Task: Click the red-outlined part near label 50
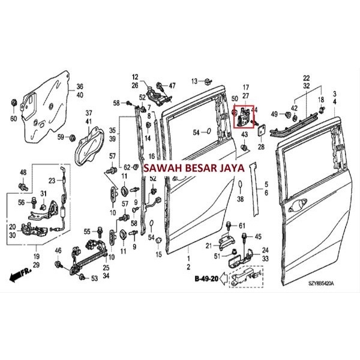coord(243,116)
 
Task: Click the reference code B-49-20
coord(206,279)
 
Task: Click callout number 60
coord(13,118)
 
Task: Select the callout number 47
coord(172,85)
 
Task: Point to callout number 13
coord(194,81)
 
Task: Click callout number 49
coord(274,113)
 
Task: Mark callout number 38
coord(239,199)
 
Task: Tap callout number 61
coord(242,226)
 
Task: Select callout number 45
coord(259,236)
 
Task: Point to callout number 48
coord(23,173)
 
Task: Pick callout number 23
coord(52,181)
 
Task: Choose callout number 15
coord(159,254)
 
